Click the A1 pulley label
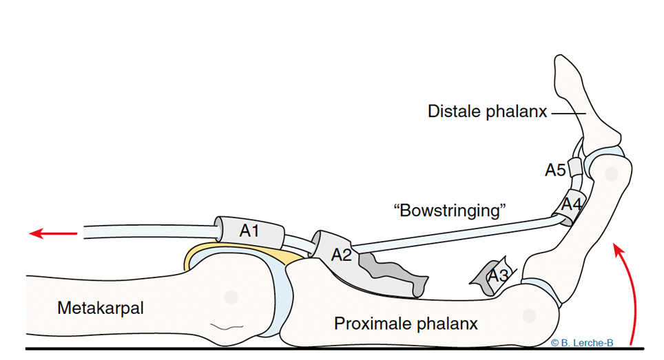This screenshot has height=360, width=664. (249, 231)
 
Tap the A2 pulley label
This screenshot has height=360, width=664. (342, 255)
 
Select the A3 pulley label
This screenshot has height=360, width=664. (497, 276)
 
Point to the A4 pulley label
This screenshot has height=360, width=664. (572, 204)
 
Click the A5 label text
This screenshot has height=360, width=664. (555, 170)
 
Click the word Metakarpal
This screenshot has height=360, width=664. (101, 308)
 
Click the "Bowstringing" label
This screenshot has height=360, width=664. (450, 210)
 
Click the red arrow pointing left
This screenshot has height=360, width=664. (53, 233)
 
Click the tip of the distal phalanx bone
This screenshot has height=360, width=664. (560, 56)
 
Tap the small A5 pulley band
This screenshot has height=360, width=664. (575, 167)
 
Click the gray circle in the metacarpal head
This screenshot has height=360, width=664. (231, 297)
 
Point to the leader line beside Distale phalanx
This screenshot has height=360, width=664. (569, 114)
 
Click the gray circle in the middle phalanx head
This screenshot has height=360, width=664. (611, 174)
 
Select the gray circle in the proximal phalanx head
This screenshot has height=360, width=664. (529, 315)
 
